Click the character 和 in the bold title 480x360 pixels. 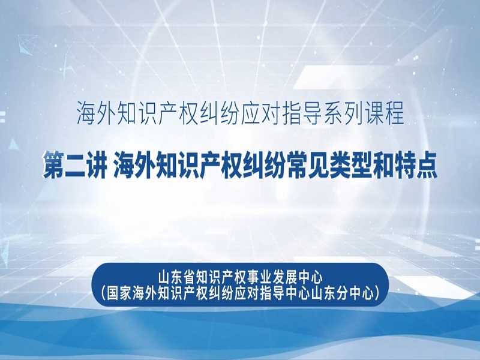tap(382, 166)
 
